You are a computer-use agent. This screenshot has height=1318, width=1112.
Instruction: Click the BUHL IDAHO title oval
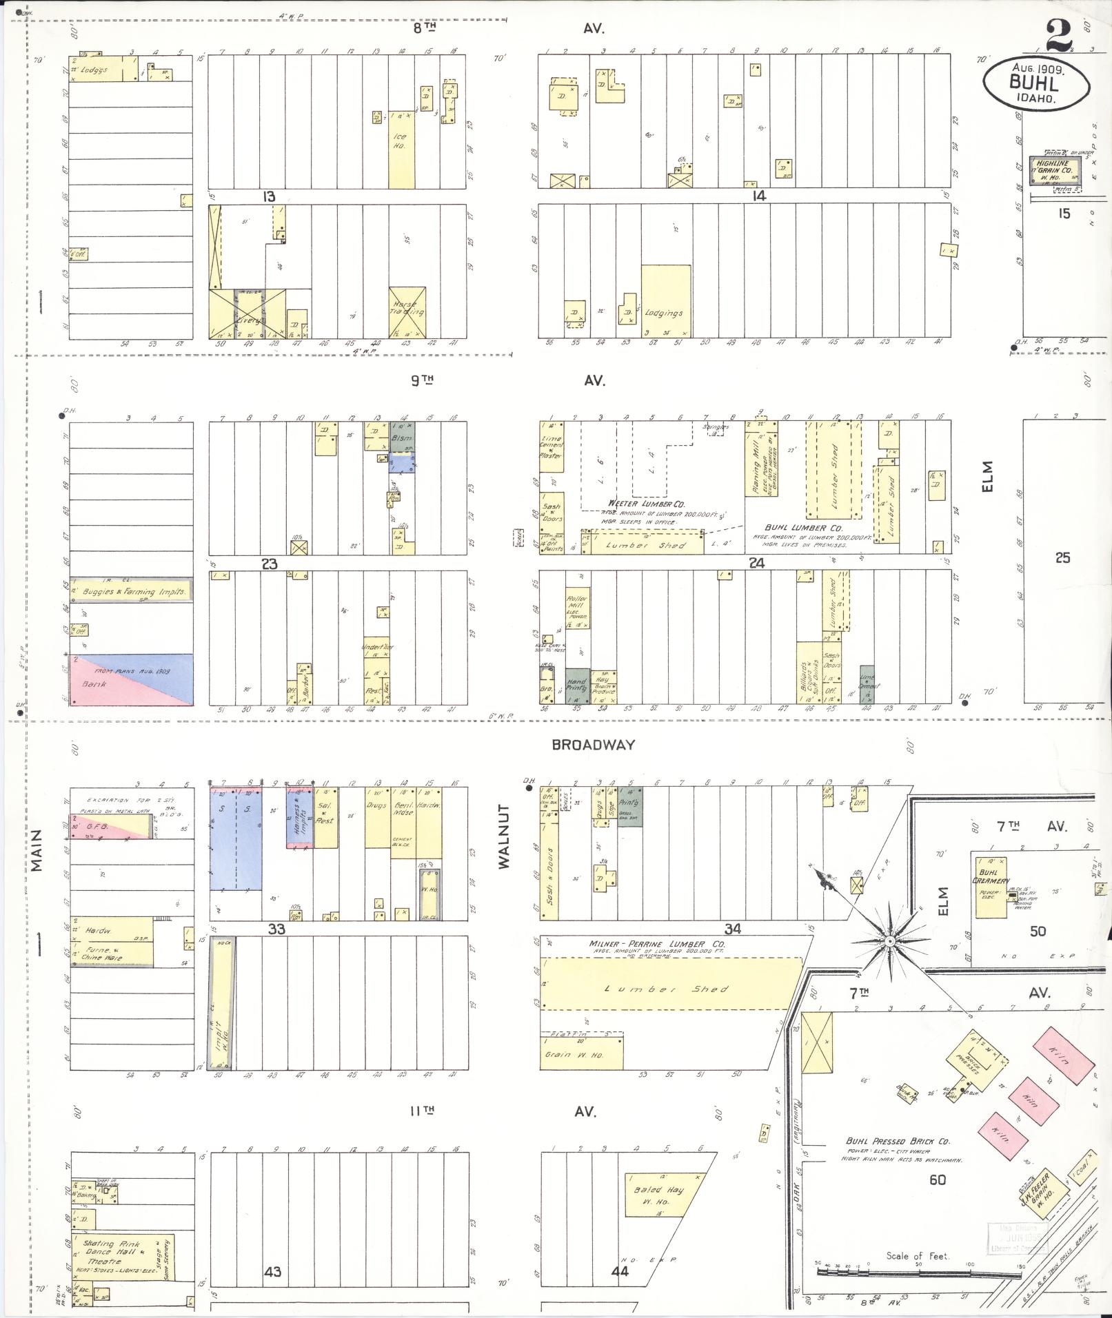(x=1036, y=84)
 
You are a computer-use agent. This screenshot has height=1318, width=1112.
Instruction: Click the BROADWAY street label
(x=593, y=745)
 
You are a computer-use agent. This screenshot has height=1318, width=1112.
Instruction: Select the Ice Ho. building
(x=401, y=150)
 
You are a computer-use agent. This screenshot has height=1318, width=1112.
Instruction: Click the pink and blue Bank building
(x=131, y=679)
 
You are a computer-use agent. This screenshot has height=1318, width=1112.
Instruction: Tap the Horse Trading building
(x=407, y=312)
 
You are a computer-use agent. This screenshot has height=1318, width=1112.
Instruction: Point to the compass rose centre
(x=889, y=940)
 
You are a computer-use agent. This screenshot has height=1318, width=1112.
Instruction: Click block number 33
(x=276, y=929)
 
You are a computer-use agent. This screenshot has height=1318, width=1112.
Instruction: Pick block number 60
(x=937, y=1180)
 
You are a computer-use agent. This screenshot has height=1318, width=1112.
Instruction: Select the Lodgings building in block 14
(x=665, y=302)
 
